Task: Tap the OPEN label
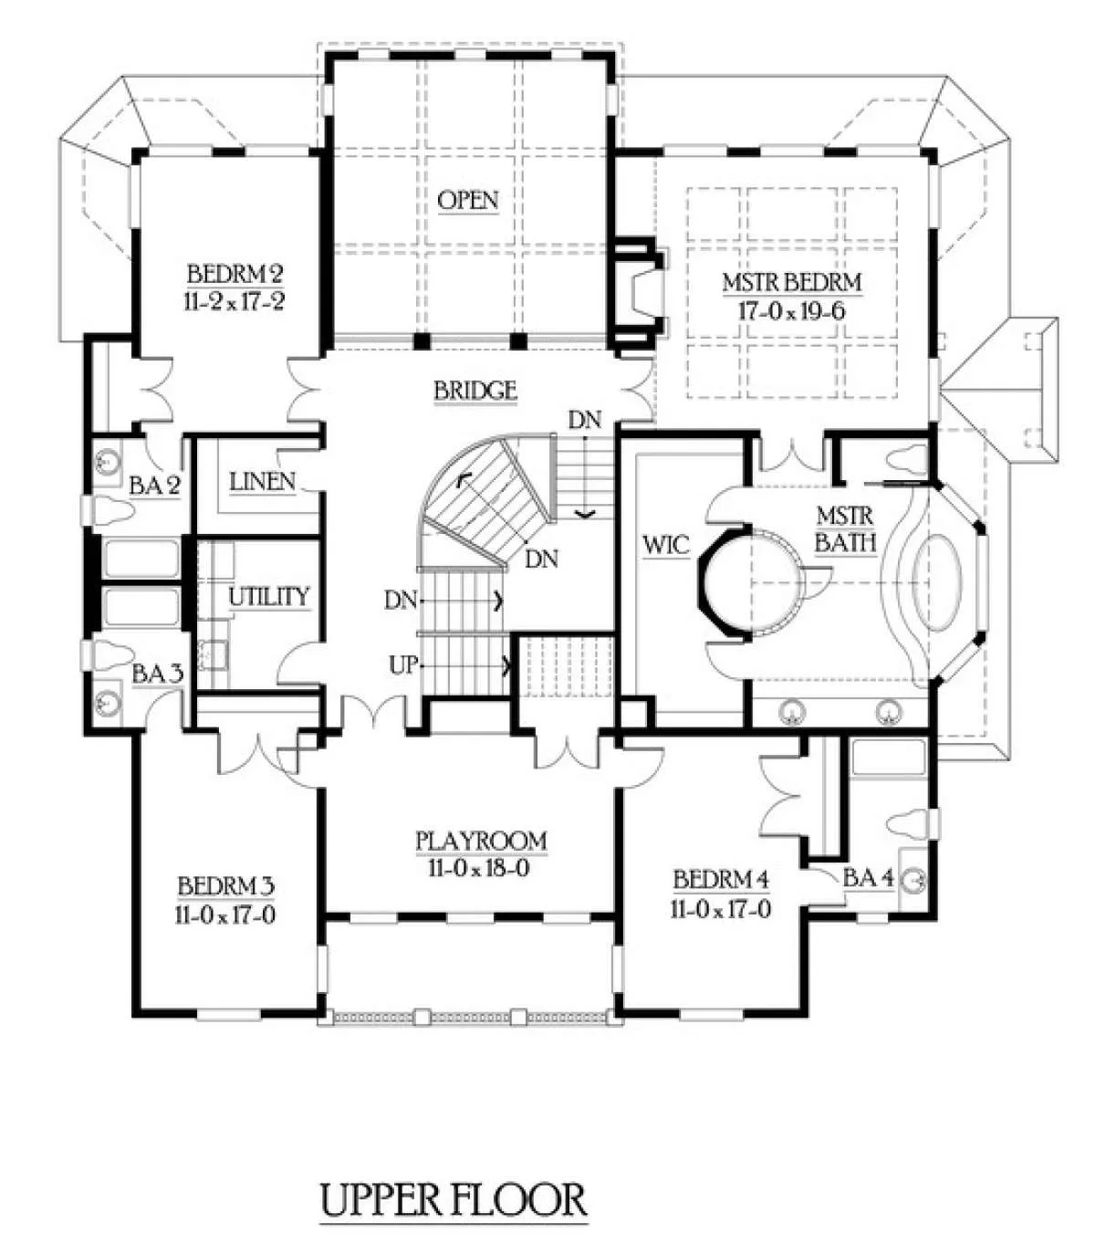coord(468,200)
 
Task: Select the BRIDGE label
coord(475,390)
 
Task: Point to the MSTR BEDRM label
coord(791,283)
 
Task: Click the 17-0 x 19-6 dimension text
coord(791,311)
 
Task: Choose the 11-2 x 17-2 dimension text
coord(235,302)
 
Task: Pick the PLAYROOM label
coord(481,841)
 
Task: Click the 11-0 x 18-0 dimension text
coord(481,869)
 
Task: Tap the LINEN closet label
coord(263,482)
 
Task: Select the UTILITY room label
coord(268,596)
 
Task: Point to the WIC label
coord(666,545)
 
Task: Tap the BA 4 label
coord(868,878)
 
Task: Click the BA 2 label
coord(154,486)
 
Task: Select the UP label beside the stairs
coord(403,664)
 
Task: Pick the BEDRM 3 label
coord(226,886)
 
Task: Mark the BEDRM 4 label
coord(721,880)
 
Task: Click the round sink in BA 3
coord(109,702)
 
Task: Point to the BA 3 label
coord(158,675)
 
